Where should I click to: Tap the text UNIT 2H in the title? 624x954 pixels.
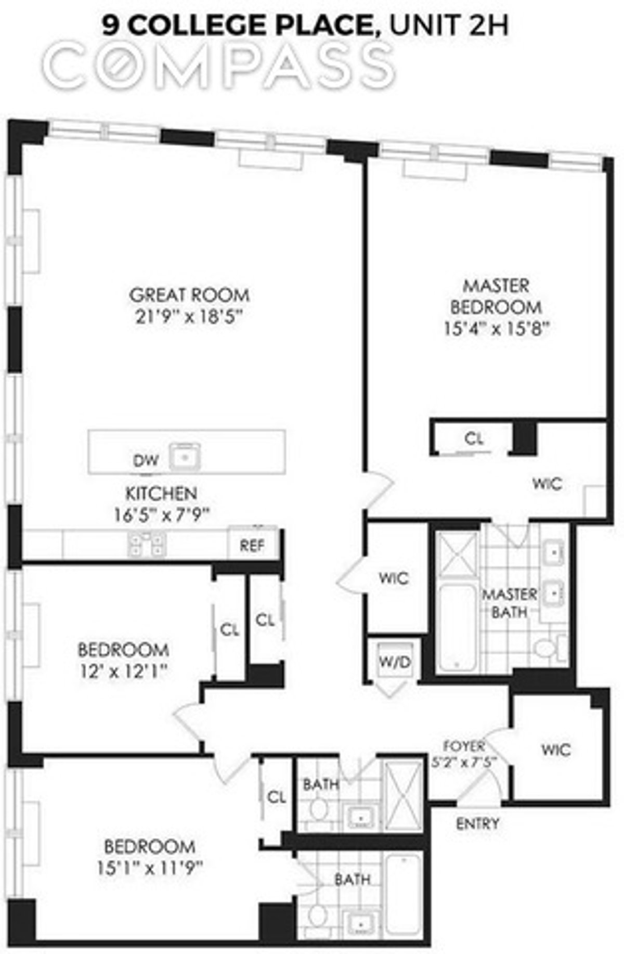(448, 26)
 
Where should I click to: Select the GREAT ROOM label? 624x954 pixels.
(189, 295)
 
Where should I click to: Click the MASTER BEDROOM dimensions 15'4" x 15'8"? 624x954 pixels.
(497, 329)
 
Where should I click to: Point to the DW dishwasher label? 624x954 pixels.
(146, 460)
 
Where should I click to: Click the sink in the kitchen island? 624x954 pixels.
(184, 456)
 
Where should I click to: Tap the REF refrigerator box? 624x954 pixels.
(252, 545)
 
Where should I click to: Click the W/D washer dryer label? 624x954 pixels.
(395, 662)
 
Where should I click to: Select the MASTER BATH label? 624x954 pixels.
(510, 603)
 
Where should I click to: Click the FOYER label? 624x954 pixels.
(464, 746)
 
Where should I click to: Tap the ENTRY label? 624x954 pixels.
(477, 823)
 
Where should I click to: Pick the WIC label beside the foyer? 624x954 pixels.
(555, 750)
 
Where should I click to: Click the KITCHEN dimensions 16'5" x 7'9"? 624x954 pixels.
(162, 515)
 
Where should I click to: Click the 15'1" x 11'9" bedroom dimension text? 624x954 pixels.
(150, 868)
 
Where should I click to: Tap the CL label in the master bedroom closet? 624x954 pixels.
(474, 439)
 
